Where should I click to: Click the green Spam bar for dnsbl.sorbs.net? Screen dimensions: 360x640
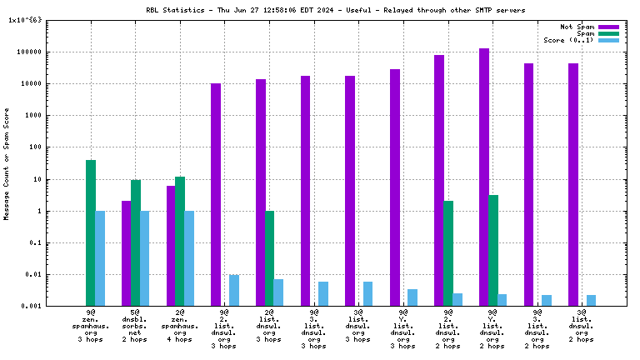pyautogui.click(x=135, y=242)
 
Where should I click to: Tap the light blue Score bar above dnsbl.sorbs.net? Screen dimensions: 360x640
pyautogui.click(x=145, y=258)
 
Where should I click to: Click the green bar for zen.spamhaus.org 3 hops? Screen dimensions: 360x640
pyautogui.click(x=90, y=232)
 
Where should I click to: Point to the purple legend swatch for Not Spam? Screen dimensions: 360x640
pyautogui.click(x=609, y=27)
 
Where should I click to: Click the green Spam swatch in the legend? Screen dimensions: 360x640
pyautogui.click(x=609, y=33)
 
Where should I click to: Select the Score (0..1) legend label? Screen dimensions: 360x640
pyautogui.click(x=568, y=40)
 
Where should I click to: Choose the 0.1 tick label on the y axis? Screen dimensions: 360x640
pyautogui.click(x=40, y=243)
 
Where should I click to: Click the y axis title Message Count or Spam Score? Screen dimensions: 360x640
pyautogui.click(x=7, y=163)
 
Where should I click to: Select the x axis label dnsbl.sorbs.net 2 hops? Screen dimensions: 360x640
pyautogui.click(x=135, y=329)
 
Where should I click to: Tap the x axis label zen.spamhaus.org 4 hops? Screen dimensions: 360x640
pyautogui.click(x=180, y=329)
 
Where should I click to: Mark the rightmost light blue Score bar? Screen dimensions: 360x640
pyautogui.click(x=592, y=300)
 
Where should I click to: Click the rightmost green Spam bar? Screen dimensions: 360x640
pyautogui.click(x=493, y=250)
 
